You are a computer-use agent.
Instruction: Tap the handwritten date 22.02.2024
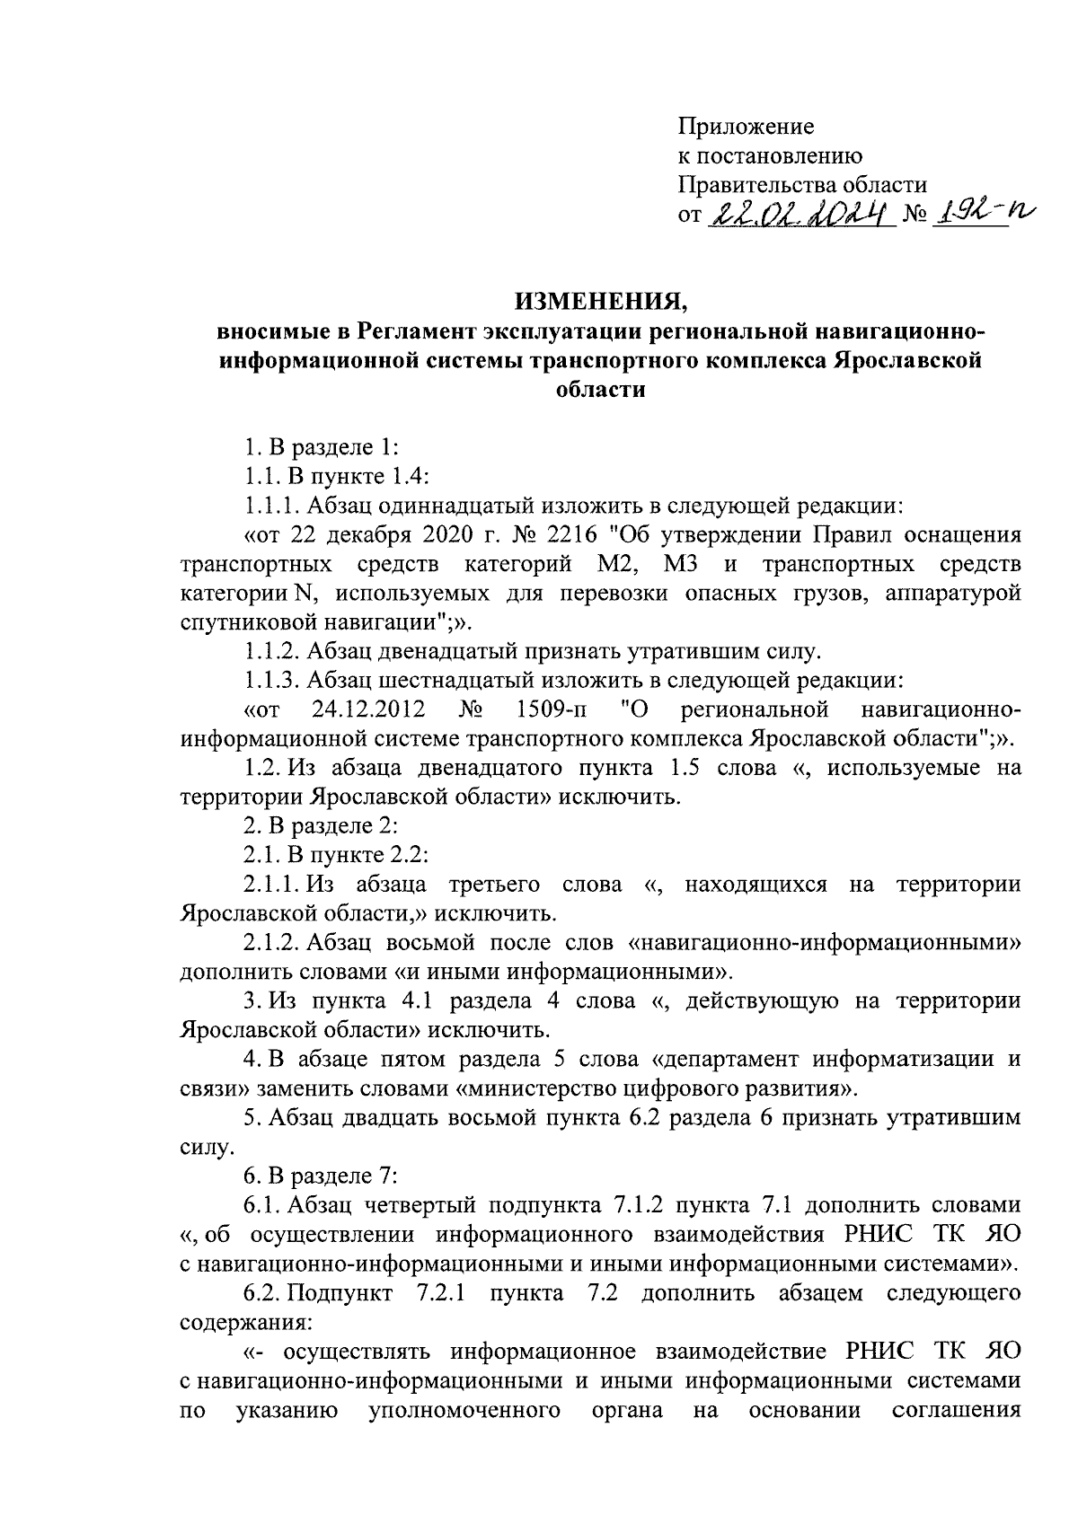point(798,215)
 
